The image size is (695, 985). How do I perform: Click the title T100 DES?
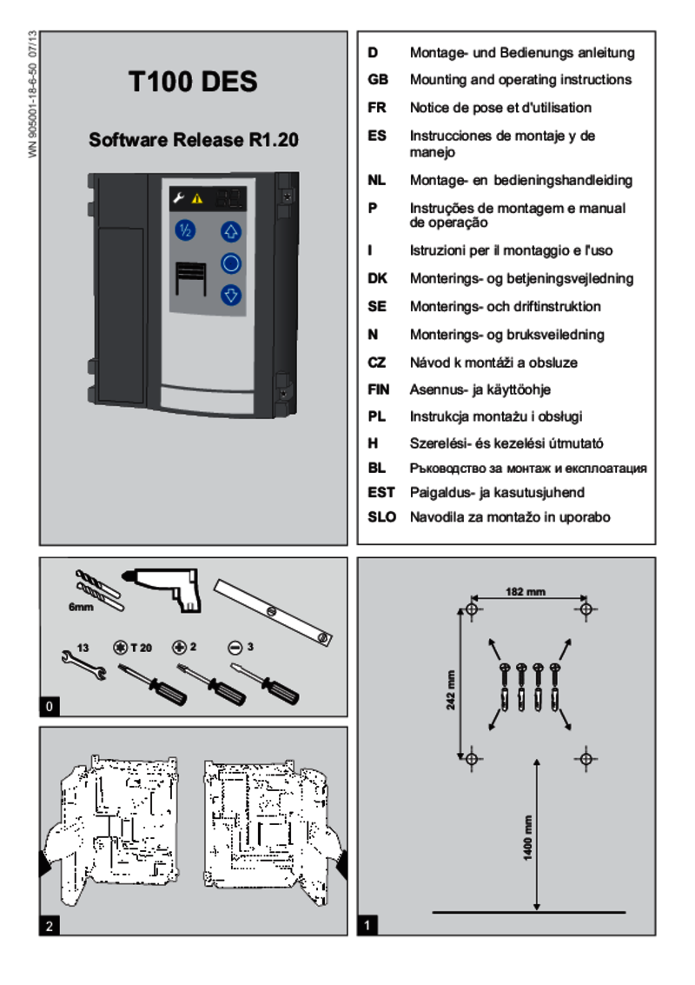(x=193, y=82)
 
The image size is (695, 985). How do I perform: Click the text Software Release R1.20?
(x=193, y=139)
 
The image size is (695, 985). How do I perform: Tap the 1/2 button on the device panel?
(x=185, y=231)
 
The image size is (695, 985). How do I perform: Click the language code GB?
(x=378, y=80)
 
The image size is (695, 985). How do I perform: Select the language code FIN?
(x=379, y=389)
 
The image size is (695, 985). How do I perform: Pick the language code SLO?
(x=381, y=516)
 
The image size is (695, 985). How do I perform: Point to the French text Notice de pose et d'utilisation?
(x=500, y=108)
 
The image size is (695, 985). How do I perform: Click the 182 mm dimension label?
(x=526, y=592)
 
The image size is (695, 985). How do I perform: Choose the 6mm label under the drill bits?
(x=81, y=607)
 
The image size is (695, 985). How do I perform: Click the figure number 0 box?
(x=50, y=707)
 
